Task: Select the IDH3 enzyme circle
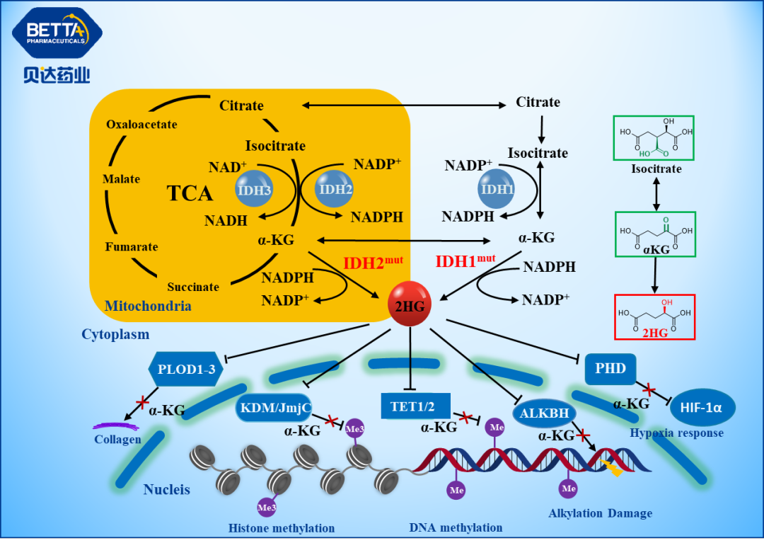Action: point(254,188)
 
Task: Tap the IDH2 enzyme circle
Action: point(334,188)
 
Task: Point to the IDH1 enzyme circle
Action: point(497,189)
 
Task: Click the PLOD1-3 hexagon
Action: point(186,369)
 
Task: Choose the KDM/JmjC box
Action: point(273,408)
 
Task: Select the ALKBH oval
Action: point(544,413)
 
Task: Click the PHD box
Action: point(610,369)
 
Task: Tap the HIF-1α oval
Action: point(702,407)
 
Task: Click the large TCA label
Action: point(190,193)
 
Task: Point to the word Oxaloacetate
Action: point(141,125)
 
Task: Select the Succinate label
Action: point(193,287)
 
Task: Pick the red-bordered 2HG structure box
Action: point(654,316)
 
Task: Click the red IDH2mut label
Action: point(373,263)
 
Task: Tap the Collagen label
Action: point(117,439)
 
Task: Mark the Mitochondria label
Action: point(148,306)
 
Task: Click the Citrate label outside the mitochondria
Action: point(538,102)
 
